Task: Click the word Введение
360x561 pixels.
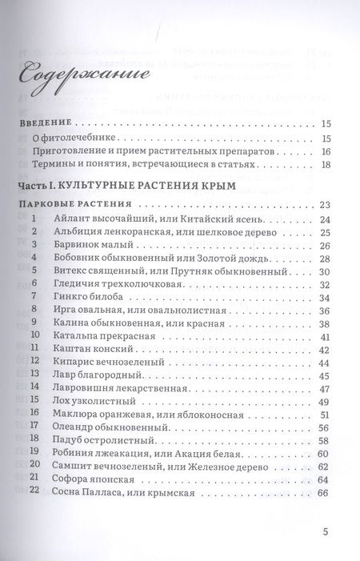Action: (44, 124)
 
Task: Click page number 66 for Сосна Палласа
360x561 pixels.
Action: (324, 493)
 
